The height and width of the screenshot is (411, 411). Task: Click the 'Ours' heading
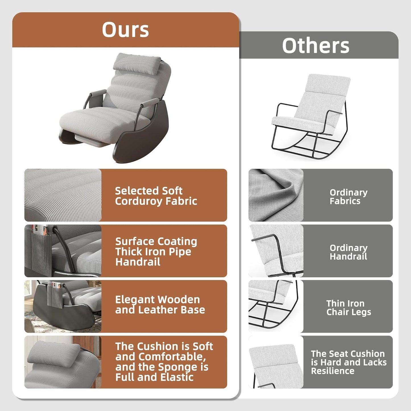(x=125, y=30)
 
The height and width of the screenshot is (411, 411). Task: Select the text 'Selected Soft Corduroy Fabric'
(x=156, y=196)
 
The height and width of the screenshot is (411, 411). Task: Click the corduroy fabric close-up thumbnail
(x=63, y=195)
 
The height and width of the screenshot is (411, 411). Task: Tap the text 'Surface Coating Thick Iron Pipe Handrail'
(x=156, y=252)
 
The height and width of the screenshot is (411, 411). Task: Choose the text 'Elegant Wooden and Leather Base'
(x=160, y=305)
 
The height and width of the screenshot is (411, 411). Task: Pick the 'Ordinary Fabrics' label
(x=348, y=197)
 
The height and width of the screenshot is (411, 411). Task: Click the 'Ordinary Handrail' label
(x=348, y=252)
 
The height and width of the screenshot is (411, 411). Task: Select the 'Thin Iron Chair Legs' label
(x=348, y=307)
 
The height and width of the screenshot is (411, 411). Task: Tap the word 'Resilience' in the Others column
(x=333, y=371)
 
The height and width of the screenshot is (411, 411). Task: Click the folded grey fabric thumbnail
(x=276, y=195)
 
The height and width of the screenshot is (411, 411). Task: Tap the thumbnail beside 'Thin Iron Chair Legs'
(x=276, y=306)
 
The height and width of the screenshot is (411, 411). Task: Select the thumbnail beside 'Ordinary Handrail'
(x=276, y=251)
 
